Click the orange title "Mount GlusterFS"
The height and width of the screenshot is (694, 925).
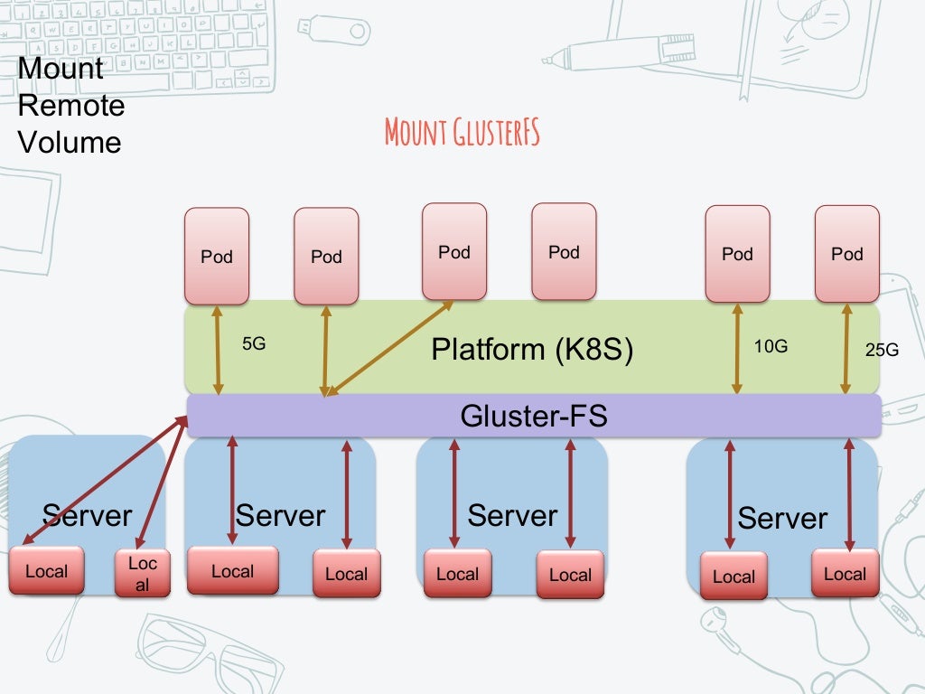(x=462, y=132)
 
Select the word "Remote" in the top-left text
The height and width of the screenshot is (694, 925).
(x=71, y=106)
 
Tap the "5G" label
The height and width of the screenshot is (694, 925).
(x=255, y=344)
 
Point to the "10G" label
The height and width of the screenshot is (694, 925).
(x=770, y=345)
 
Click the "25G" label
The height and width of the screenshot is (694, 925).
(x=882, y=350)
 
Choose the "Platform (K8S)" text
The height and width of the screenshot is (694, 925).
(x=532, y=349)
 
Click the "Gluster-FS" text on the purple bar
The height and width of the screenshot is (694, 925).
(x=533, y=416)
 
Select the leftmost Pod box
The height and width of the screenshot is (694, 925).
(x=217, y=256)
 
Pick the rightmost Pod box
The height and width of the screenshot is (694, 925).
(x=846, y=253)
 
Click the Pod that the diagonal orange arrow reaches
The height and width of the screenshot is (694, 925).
(x=454, y=251)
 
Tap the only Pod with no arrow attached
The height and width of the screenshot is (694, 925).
(x=564, y=251)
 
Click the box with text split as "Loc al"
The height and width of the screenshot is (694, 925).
(x=143, y=574)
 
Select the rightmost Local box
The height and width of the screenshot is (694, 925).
(x=845, y=574)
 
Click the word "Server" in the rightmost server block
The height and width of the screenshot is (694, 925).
(x=782, y=518)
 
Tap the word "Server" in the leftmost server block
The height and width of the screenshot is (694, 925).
(x=87, y=515)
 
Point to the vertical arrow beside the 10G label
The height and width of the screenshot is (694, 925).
(x=737, y=348)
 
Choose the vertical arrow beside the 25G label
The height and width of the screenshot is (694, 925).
(x=846, y=348)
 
